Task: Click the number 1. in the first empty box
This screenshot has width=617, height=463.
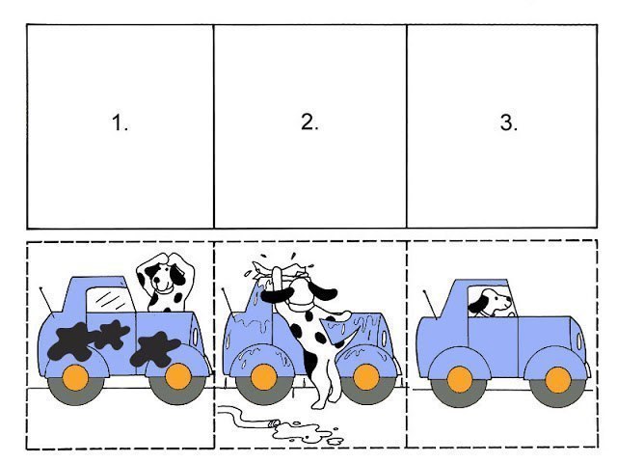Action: point(120,124)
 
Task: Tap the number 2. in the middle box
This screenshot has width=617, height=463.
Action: point(308,123)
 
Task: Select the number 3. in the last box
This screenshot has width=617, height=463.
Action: point(508,123)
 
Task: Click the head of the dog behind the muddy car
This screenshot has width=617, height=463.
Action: point(163,281)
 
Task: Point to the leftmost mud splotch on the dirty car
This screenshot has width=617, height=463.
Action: point(68,341)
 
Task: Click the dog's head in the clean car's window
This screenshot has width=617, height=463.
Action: point(493,302)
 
